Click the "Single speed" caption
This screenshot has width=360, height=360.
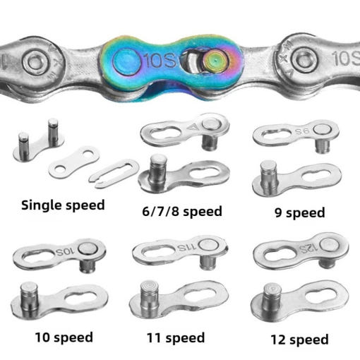(63, 205)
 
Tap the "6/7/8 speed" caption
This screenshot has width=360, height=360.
(182, 211)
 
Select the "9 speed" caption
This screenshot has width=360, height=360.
(300, 212)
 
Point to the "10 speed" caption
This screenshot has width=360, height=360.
(64, 337)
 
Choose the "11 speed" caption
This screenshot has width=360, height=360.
(176, 338)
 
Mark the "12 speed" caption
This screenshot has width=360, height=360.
(300, 340)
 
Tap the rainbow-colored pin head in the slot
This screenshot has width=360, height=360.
(216, 61)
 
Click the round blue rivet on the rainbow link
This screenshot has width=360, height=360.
(127, 61)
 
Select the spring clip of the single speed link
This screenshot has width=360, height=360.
(114, 173)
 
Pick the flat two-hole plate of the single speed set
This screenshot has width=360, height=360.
(74, 161)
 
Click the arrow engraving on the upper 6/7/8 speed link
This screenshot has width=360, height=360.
(193, 127)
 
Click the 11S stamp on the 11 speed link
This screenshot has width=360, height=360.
(186, 248)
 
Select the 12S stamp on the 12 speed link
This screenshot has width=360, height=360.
(308, 248)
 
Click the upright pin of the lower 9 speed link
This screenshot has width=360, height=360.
(269, 177)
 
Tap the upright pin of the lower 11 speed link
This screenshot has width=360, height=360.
(150, 297)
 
